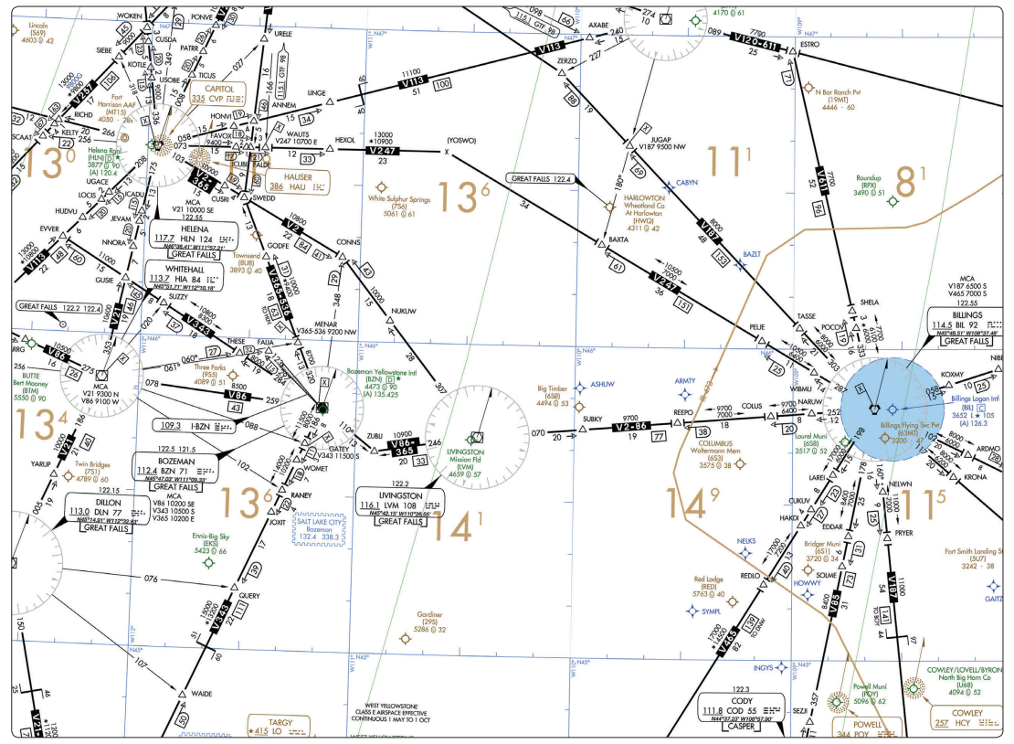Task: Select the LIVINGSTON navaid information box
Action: pos(399,505)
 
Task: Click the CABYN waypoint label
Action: pos(686,183)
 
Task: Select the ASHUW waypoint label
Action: pos(602,386)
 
